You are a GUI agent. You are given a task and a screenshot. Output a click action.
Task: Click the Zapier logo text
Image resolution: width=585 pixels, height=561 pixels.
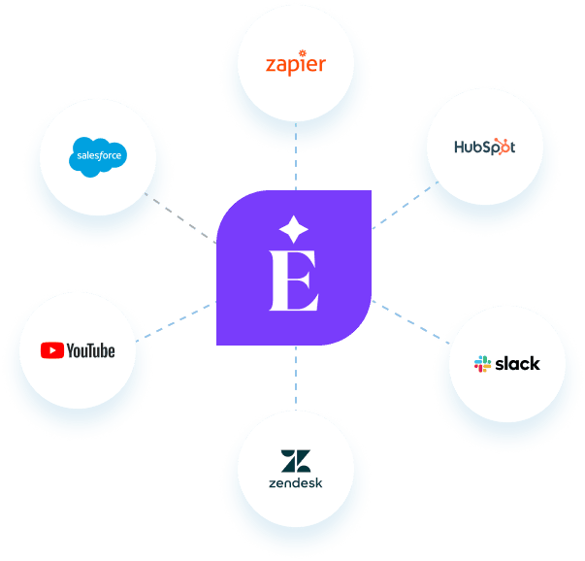point(296,65)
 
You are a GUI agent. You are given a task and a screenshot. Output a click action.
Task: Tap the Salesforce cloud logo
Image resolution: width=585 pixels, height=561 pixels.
point(101,157)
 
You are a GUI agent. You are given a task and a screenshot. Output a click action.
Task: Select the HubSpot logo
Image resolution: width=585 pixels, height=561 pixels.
point(485,148)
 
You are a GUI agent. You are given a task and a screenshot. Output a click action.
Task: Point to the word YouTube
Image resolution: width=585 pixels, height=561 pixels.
point(90,350)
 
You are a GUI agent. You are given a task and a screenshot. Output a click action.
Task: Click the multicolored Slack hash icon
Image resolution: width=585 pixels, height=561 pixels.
point(482,364)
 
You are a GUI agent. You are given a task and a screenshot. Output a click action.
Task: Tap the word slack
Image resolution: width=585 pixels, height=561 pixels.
point(517,364)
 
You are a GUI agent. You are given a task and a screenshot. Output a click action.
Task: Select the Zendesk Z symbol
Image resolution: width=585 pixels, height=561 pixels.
point(295,460)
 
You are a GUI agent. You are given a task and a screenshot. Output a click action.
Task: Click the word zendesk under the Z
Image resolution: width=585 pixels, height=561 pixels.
point(295,482)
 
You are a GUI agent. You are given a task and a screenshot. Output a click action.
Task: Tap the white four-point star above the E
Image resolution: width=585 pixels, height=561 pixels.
point(293,230)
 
